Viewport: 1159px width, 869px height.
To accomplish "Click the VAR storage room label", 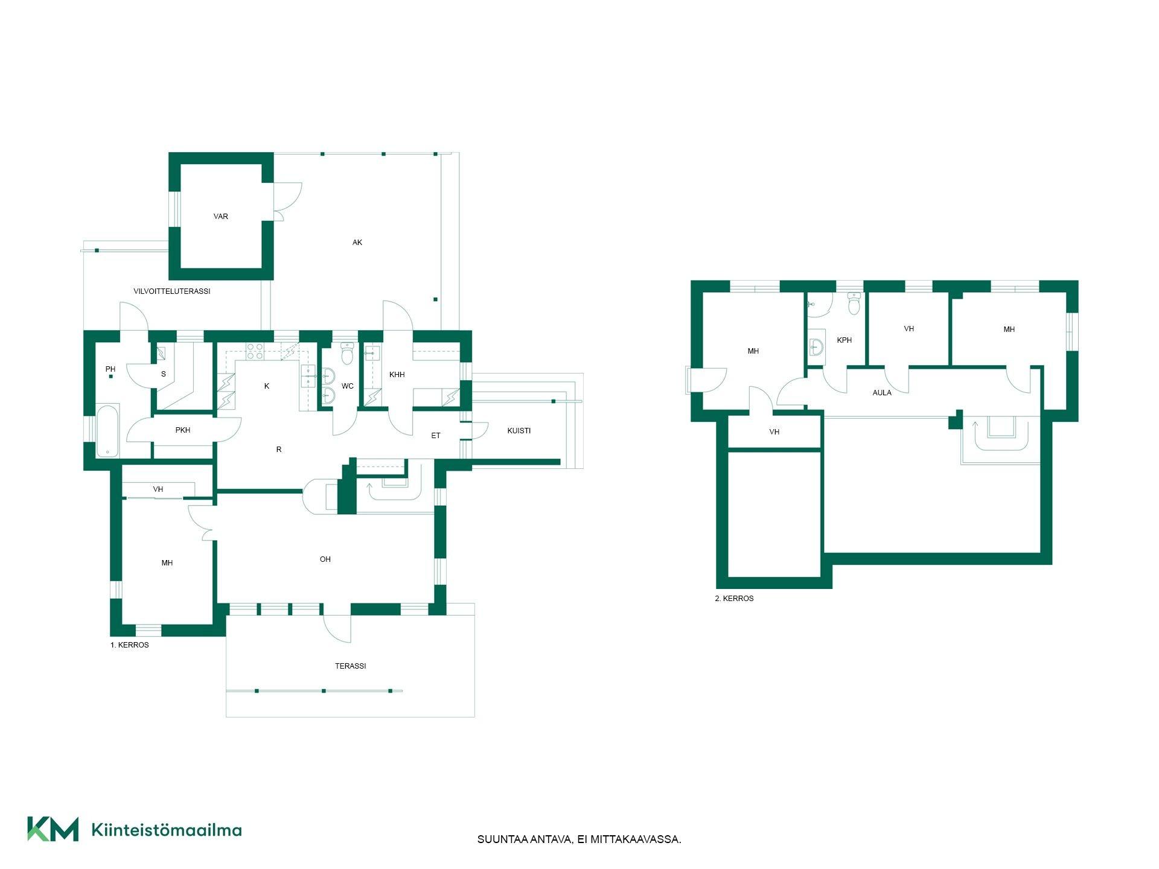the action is click(x=221, y=217).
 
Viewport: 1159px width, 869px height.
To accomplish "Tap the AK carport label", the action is click(x=357, y=243).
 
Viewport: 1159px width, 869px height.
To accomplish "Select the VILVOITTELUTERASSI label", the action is click(x=172, y=291).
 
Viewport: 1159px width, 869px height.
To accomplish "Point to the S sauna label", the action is click(x=164, y=374).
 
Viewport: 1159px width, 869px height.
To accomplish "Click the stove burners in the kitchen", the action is click(x=255, y=351).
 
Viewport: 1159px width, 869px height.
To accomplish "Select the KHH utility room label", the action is click(x=397, y=375).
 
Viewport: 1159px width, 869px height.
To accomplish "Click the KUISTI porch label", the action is click(x=519, y=431).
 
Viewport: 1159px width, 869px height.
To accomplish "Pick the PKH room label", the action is click(x=183, y=430).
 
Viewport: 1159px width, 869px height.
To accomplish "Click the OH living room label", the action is click(x=325, y=559).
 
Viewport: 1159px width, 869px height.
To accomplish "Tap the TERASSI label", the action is click(x=351, y=666).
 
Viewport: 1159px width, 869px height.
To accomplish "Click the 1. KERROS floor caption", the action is click(x=129, y=645).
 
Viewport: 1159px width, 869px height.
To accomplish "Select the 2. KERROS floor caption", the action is click(x=734, y=599).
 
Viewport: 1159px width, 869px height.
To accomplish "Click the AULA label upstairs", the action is click(x=882, y=393).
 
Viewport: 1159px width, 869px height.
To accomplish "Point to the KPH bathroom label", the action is click(x=845, y=340).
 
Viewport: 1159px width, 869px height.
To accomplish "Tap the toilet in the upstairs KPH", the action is click(x=854, y=304).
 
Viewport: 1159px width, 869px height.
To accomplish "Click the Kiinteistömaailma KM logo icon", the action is click(x=53, y=829).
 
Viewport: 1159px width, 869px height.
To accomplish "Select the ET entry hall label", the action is click(x=436, y=436).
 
